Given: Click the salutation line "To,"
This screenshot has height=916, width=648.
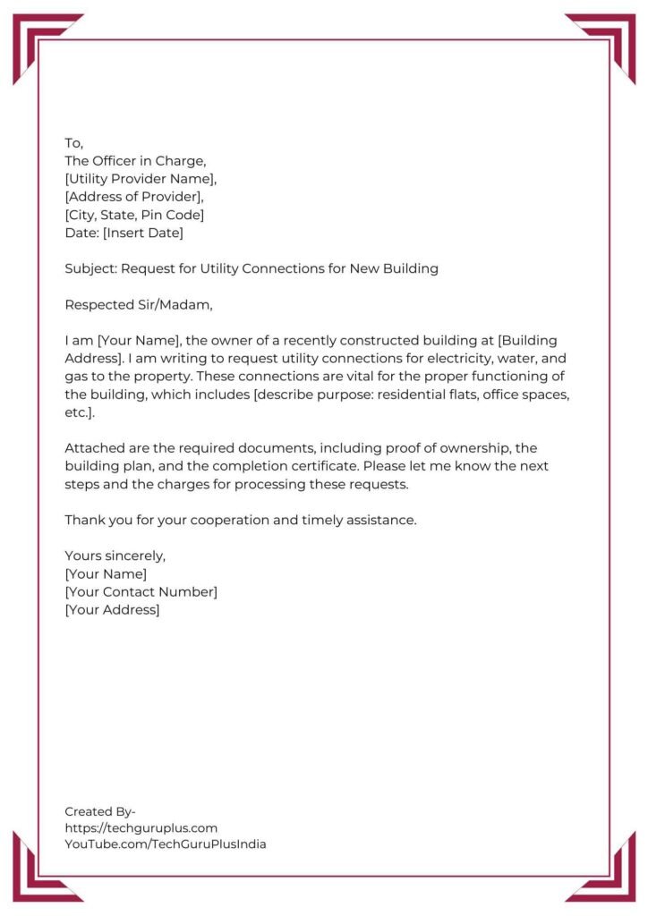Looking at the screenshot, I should (73, 143).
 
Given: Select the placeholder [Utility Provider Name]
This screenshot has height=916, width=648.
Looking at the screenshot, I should (141, 179).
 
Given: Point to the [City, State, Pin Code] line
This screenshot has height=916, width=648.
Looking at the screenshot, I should (134, 215).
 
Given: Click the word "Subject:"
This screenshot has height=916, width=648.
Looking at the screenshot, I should (90, 268).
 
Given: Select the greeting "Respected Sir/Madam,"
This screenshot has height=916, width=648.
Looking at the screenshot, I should (139, 304).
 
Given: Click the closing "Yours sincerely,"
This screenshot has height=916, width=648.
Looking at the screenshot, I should (115, 556).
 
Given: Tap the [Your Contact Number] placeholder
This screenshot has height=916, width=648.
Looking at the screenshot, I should (141, 591).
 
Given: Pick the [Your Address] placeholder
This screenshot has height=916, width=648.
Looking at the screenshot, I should (112, 609).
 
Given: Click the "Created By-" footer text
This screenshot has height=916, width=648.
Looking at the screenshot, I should (100, 811).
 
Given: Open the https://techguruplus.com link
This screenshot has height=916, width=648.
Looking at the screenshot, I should (141, 827).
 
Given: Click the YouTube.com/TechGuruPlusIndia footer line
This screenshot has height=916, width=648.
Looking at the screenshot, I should (166, 844).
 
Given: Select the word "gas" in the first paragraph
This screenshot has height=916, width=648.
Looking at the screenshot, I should (76, 376).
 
